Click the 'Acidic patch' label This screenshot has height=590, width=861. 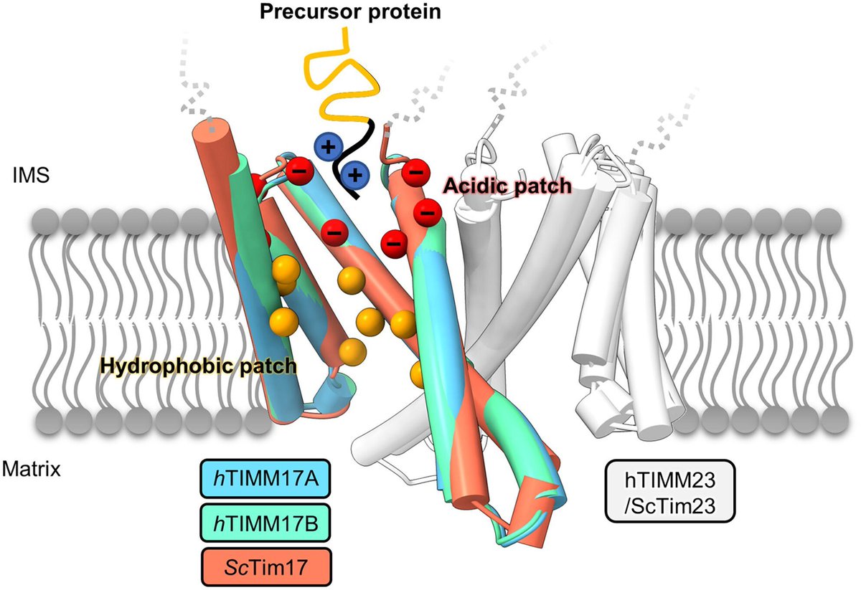pyautogui.click(x=507, y=186)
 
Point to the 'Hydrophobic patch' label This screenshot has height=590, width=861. pyautogui.click(x=198, y=366)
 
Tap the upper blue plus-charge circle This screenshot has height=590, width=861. pyautogui.click(x=327, y=148)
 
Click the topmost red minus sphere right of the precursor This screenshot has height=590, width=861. pyautogui.click(x=414, y=171)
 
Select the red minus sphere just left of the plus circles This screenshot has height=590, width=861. pyautogui.click(x=298, y=171)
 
